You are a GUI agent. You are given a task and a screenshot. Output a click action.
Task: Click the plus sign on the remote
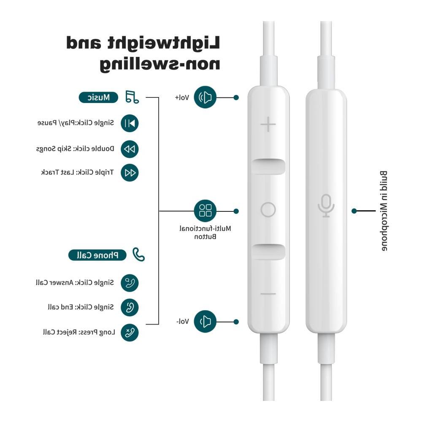pos(268,124)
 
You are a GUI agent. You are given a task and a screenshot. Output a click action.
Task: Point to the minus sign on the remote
pos(268,294)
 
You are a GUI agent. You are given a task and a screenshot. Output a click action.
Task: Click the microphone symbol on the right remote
pos(326,206)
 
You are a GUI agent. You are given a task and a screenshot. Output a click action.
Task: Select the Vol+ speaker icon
pos(205,97)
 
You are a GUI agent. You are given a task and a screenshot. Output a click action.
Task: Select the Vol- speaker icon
pos(205,321)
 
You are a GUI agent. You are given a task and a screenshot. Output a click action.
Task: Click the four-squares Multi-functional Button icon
pos(205,211)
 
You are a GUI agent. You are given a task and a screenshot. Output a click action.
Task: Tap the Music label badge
pos(98,97)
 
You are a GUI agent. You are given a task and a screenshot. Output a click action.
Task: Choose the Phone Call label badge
pos(97,255)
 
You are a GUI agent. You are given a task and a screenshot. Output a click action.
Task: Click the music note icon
pos(132,97)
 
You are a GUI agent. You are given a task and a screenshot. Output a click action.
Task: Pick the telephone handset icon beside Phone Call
pos(138,254)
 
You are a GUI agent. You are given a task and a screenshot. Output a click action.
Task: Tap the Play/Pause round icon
pos(130,123)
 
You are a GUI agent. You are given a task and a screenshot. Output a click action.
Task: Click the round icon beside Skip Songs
pos(130,149)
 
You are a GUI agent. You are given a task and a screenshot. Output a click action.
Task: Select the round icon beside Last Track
pos(130,173)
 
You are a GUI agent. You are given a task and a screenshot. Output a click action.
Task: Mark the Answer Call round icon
pos(130,283)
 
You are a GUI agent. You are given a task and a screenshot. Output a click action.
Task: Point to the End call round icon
pos(130,307)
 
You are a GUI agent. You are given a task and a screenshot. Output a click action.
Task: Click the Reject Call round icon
pos(130,333)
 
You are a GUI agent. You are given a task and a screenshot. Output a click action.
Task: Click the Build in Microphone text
pos(384,211)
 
